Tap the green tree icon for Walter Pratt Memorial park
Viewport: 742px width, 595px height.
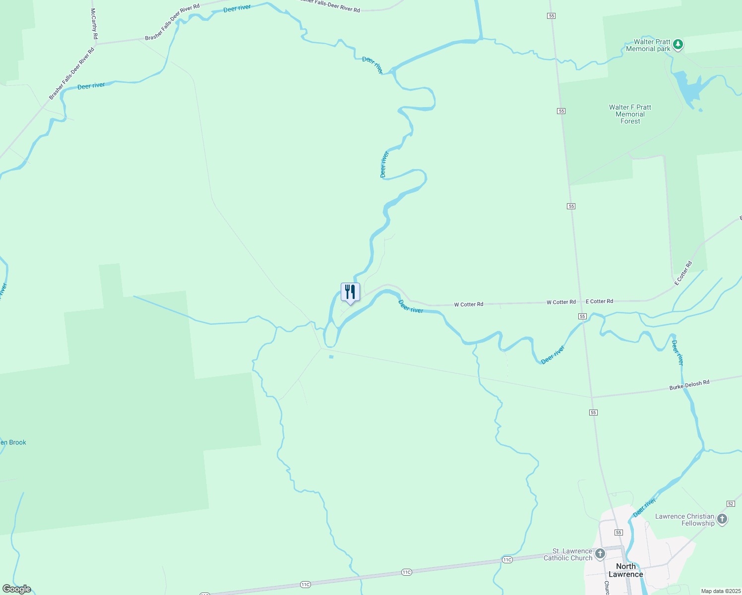point(678,45)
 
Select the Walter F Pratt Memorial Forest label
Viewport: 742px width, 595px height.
point(630,114)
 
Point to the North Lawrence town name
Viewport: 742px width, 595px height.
point(625,570)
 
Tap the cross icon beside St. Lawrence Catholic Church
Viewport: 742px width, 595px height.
point(600,553)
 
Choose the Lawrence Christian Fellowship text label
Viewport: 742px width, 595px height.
point(684,520)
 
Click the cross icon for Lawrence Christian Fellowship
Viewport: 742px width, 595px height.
point(722,519)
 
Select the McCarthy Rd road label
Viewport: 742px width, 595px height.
point(94,23)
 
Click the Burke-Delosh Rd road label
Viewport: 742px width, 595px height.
point(689,385)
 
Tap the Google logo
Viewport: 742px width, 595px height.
point(17,589)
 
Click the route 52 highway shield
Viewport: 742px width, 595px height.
point(731,504)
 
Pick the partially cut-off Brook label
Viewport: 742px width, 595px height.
point(13,442)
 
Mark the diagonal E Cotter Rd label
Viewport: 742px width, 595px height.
point(683,273)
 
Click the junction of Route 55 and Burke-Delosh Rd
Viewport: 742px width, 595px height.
point(592,397)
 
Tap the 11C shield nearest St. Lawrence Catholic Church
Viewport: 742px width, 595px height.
point(507,560)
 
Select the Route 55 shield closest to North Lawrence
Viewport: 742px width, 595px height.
point(618,533)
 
